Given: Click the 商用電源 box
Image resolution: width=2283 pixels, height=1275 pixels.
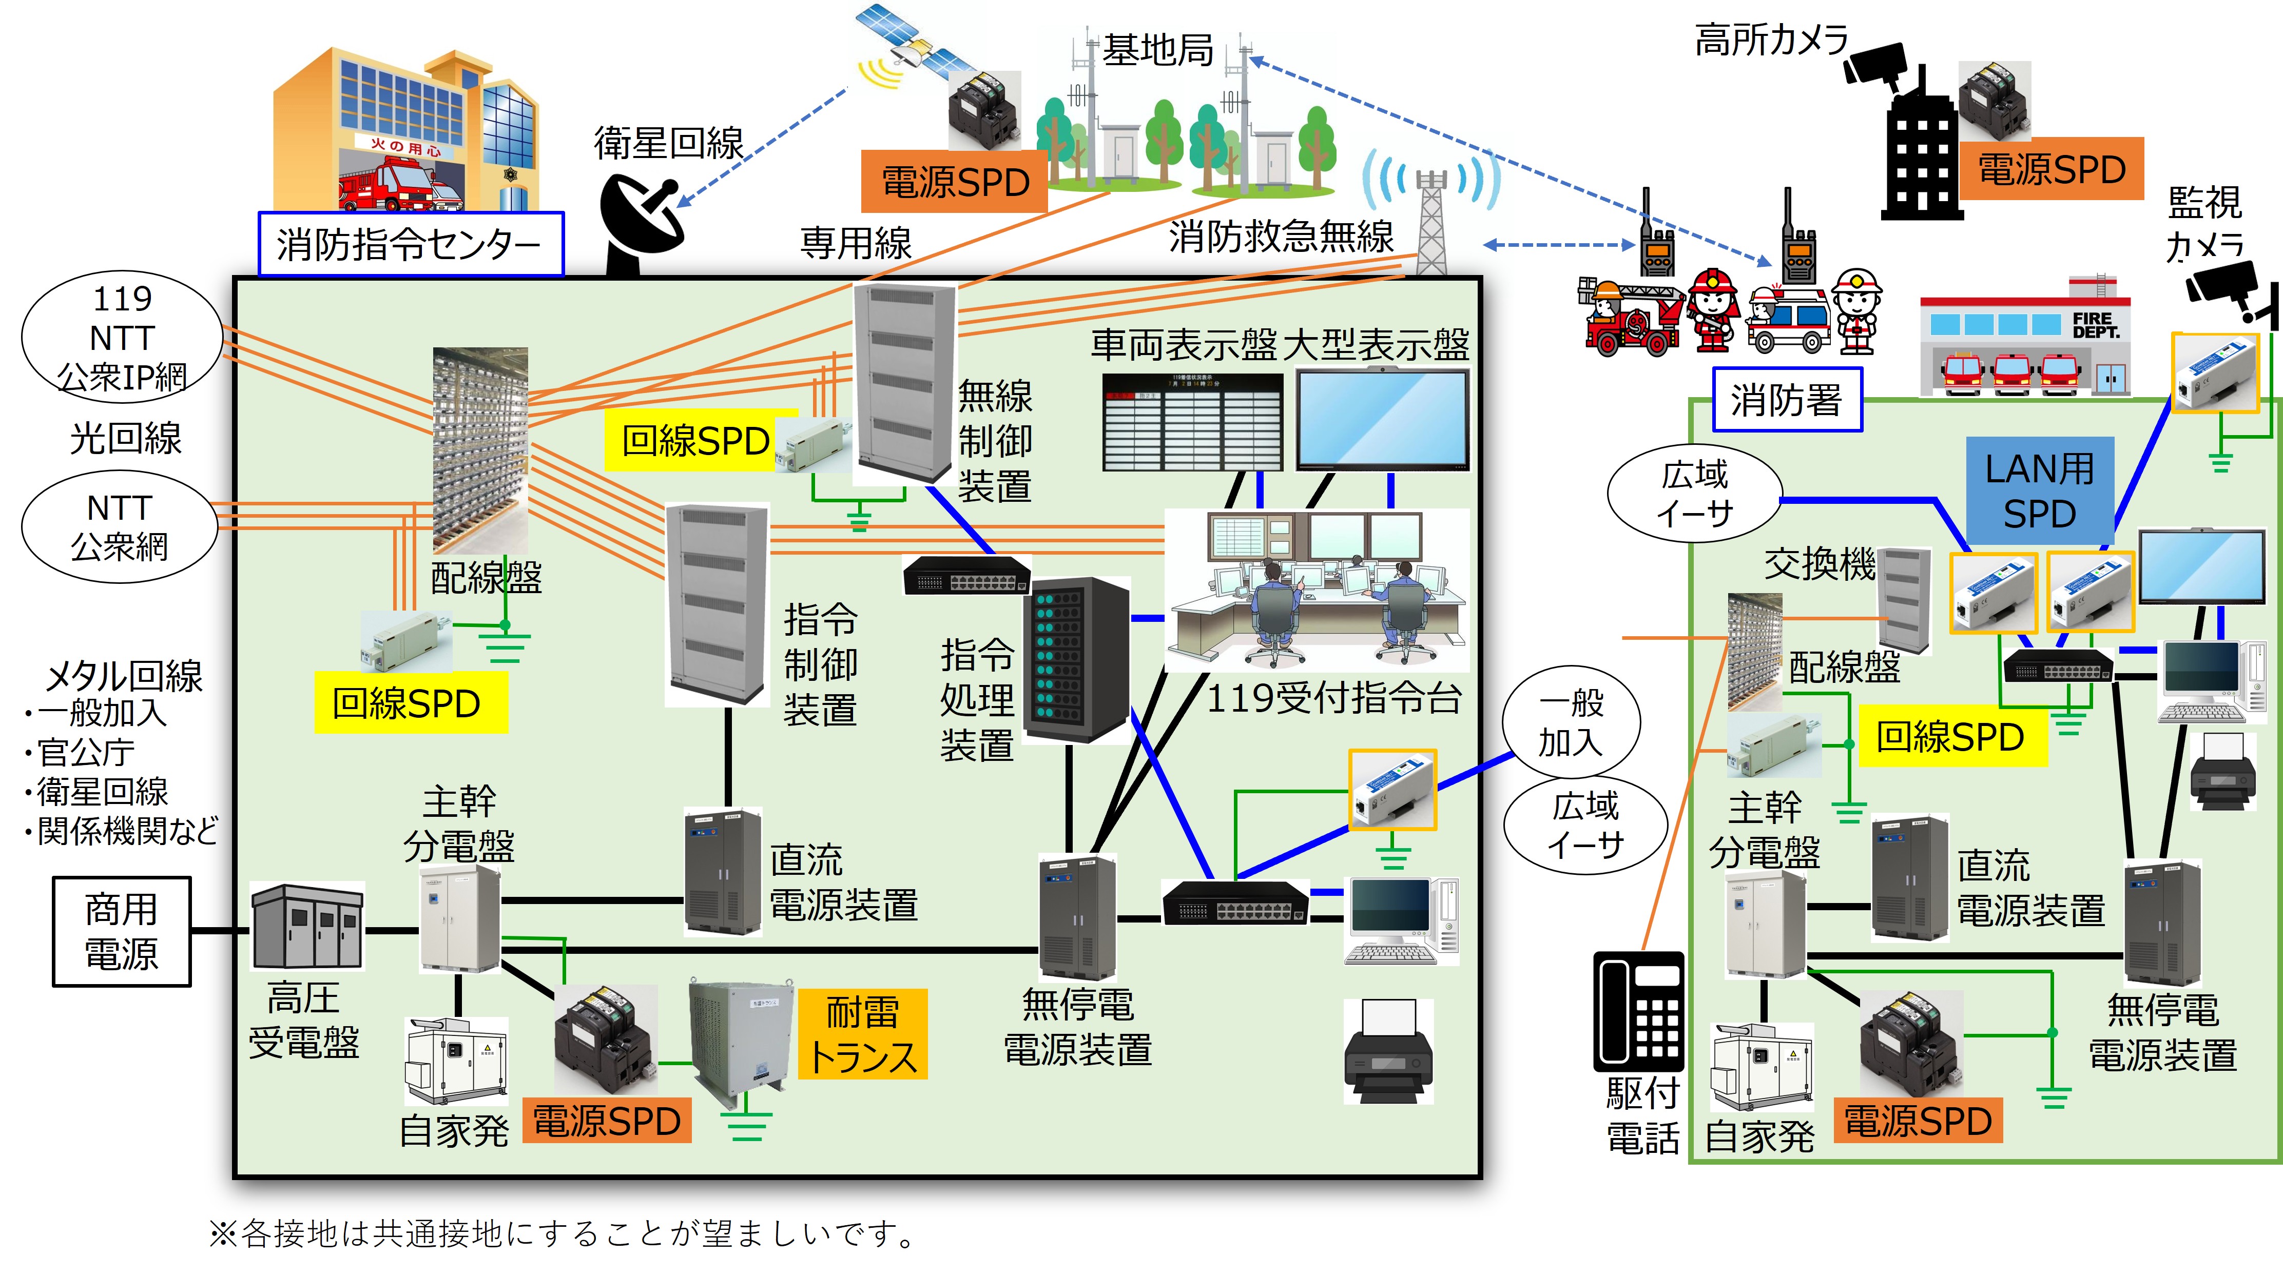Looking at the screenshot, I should coord(122,931).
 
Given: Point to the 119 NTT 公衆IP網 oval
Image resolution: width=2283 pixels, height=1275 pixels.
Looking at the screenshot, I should coord(122,338).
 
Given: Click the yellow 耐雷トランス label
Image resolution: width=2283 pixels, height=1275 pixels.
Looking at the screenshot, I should coord(862,1034).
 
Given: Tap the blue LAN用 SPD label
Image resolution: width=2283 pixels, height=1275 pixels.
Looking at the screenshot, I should coord(2039,491).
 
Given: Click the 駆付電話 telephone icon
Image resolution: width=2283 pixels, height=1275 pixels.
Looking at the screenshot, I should coord(1639,1011).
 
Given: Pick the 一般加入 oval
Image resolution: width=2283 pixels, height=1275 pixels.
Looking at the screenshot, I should coord(1571,722).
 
